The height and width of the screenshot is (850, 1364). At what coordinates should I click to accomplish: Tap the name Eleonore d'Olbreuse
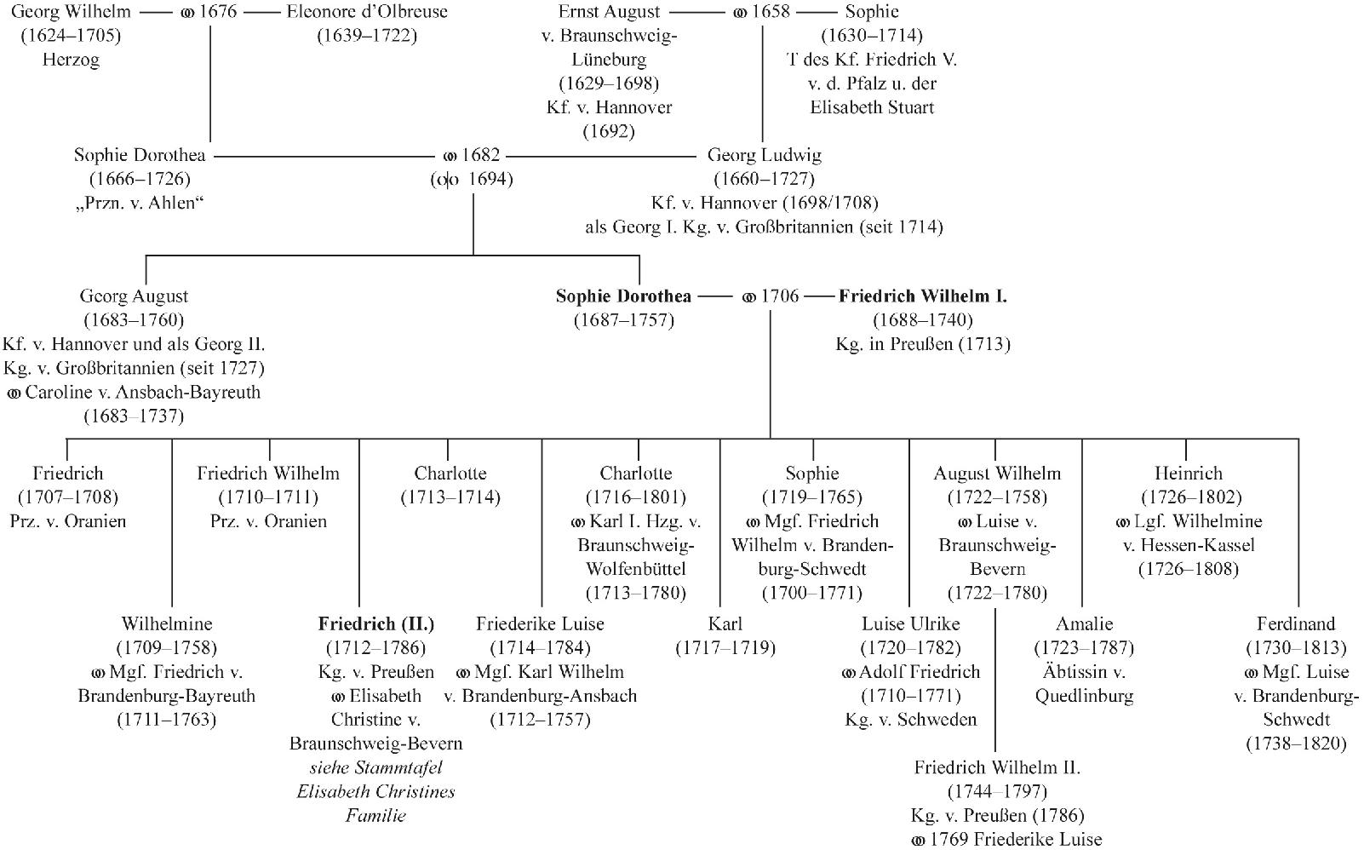tap(367, 12)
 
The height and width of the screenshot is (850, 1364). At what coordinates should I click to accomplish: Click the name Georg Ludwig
tap(764, 156)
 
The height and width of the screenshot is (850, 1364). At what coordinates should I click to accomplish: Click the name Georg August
tap(134, 296)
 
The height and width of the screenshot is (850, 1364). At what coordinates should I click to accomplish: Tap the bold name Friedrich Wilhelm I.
tap(922, 296)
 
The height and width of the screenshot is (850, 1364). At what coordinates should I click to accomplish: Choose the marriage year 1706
tap(779, 296)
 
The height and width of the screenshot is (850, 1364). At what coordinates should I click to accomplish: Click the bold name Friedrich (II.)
tap(375, 624)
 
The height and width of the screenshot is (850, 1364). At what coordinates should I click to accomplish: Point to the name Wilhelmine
tap(167, 624)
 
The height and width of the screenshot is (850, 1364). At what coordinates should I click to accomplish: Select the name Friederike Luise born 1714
tap(540, 624)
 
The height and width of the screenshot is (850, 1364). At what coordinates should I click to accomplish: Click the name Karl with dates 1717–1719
tap(725, 624)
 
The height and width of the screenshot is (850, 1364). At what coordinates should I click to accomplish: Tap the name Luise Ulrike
tap(910, 624)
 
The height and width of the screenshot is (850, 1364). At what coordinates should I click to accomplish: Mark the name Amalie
tap(1084, 624)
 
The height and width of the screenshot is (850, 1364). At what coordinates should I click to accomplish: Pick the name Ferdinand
tap(1295, 624)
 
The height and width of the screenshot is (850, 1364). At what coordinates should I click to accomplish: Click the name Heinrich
tap(1189, 474)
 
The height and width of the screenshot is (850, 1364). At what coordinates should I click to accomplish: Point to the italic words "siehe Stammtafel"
tap(375, 768)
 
